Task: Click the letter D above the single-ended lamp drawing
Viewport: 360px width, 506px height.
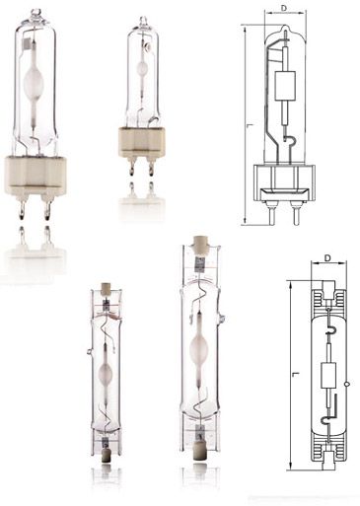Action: click(284, 9)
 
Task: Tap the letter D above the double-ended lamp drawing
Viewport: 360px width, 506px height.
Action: click(326, 258)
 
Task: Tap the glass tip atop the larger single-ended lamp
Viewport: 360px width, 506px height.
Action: click(36, 15)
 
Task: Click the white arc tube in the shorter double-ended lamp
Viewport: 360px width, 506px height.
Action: click(105, 375)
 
